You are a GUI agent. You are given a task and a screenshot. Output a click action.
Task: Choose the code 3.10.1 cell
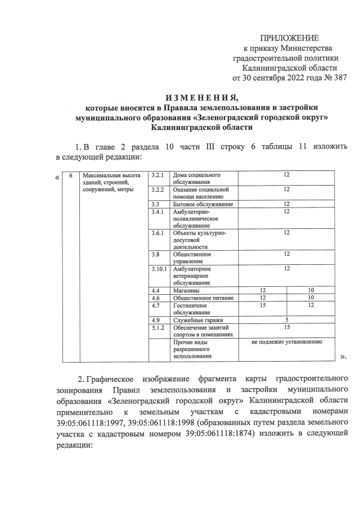(159, 269)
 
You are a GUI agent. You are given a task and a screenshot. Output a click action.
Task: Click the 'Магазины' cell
(186, 290)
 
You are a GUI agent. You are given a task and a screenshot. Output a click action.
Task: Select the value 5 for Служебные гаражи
(286, 319)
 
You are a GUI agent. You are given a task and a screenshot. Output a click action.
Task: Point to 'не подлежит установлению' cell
(286, 341)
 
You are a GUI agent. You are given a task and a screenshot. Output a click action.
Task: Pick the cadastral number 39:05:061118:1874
(253, 430)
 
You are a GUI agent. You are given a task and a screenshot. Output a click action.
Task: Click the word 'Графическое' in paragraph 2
(120, 377)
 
